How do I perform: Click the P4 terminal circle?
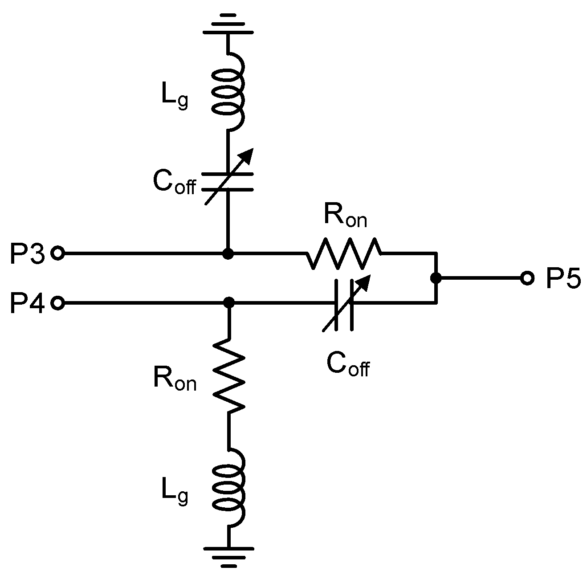58,303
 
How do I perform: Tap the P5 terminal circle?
527,278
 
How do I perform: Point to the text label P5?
563,279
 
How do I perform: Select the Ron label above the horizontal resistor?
345,217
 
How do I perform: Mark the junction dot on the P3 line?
228,254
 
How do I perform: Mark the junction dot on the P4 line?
229,303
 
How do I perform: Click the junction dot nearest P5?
436,278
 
